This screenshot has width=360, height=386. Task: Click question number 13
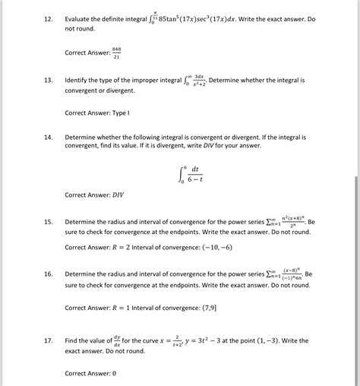coord(47,80)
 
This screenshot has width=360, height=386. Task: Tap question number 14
coord(47,138)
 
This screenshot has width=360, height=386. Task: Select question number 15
coord(47,223)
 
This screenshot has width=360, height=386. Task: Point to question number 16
coord(47,274)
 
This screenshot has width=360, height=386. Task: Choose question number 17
coord(47,341)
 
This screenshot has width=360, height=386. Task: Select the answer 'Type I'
coord(119,112)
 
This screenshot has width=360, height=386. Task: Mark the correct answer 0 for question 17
coord(114,374)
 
